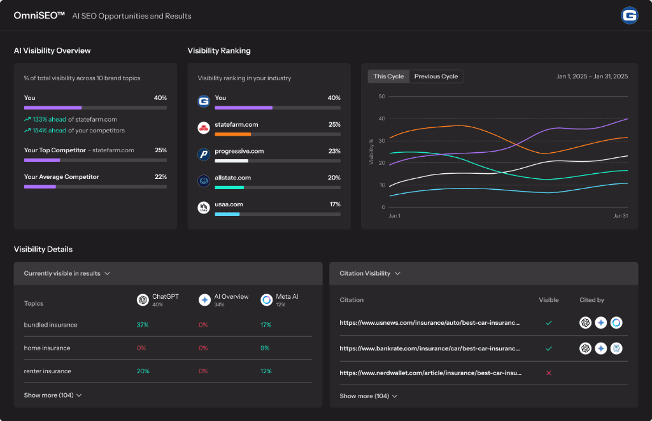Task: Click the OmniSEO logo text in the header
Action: pyautogui.click(x=39, y=15)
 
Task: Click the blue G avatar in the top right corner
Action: pyautogui.click(x=629, y=16)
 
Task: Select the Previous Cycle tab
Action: pyautogui.click(x=436, y=76)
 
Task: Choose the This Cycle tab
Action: pyautogui.click(x=388, y=76)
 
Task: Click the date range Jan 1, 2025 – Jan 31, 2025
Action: pyautogui.click(x=592, y=76)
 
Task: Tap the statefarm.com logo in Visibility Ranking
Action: pyautogui.click(x=204, y=128)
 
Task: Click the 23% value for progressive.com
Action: pyautogui.click(x=334, y=152)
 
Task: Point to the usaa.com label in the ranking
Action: pyautogui.click(x=229, y=204)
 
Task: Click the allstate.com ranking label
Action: pyautogui.click(x=232, y=178)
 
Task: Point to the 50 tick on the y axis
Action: pyautogui.click(x=382, y=97)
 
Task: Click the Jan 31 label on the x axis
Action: pyautogui.click(x=620, y=216)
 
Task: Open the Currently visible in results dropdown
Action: pyautogui.click(x=67, y=273)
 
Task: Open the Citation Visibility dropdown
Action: pyautogui.click(x=369, y=273)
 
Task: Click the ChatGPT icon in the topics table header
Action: pyautogui.click(x=143, y=299)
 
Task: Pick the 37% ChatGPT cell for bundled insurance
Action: pyautogui.click(x=143, y=325)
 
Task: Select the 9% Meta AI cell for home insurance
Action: pyautogui.click(x=266, y=348)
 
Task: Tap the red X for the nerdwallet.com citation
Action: pyautogui.click(x=549, y=373)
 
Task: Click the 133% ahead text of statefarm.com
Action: pyautogui.click(x=48, y=119)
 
